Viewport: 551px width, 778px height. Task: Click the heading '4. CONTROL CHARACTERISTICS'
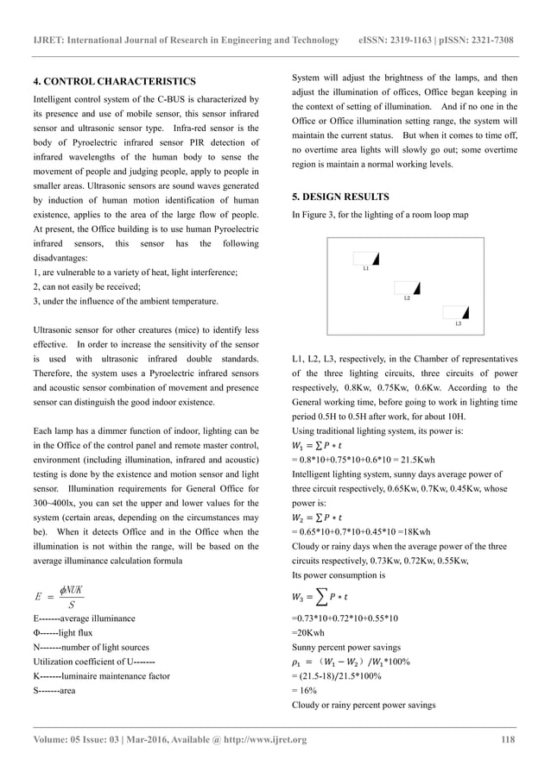tap(114, 81)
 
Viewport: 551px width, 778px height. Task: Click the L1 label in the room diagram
tap(365, 270)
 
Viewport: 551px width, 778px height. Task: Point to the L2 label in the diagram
tap(407, 298)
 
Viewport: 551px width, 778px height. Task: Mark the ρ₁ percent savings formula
tap(352, 662)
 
